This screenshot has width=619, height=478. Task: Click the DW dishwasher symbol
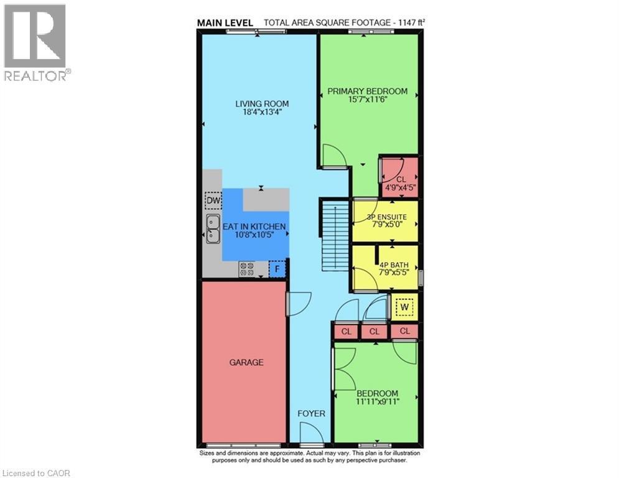(213, 201)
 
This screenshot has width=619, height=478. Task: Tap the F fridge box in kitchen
(277, 269)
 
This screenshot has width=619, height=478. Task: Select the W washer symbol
(404, 307)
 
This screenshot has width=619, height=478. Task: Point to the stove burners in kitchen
(247, 269)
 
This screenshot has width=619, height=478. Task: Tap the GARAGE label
(246, 362)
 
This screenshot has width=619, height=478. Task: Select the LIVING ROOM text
(262, 104)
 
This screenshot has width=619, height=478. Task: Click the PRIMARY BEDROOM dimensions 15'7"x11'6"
(368, 100)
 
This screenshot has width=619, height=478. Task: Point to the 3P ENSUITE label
(384, 218)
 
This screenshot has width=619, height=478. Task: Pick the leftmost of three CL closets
(347, 332)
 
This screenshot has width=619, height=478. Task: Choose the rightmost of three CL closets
(404, 331)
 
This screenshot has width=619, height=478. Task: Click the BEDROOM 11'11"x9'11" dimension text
(377, 401)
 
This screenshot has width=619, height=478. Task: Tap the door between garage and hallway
(295, 303)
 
